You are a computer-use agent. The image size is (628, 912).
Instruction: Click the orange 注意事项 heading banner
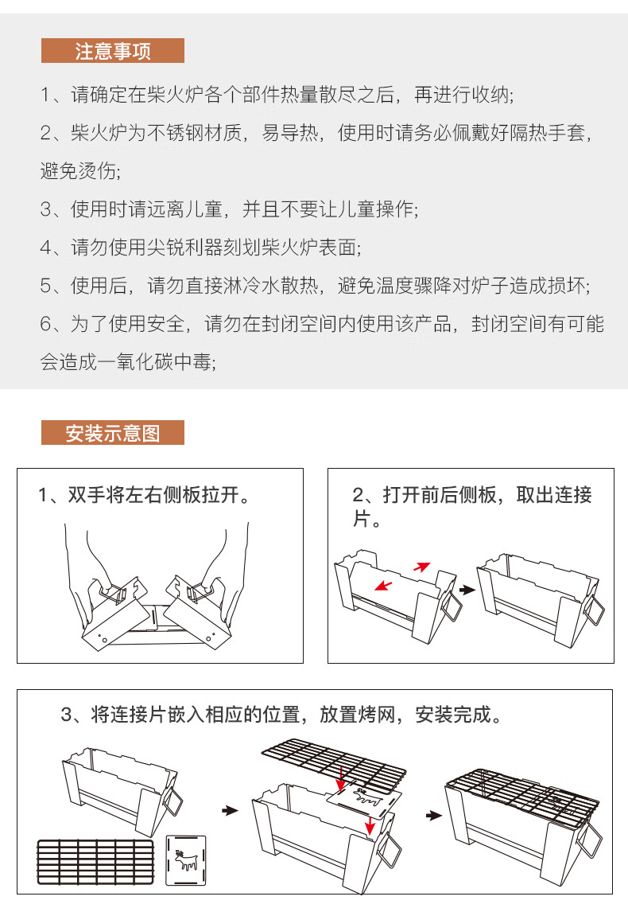tap(112, 51)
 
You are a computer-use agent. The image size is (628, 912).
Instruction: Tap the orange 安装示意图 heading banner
tap(112, 433)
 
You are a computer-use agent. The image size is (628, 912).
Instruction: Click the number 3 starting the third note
tap(45, 210)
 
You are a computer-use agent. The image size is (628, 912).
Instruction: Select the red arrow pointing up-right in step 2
tap(421, 567)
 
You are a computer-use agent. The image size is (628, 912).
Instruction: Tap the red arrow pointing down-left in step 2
tap(383, 587)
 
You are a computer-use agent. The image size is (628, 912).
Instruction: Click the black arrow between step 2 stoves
tap(467, 590)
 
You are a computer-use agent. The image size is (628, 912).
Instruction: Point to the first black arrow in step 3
tap(230, 811)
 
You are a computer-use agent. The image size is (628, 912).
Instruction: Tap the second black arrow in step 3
tap(432, 816)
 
